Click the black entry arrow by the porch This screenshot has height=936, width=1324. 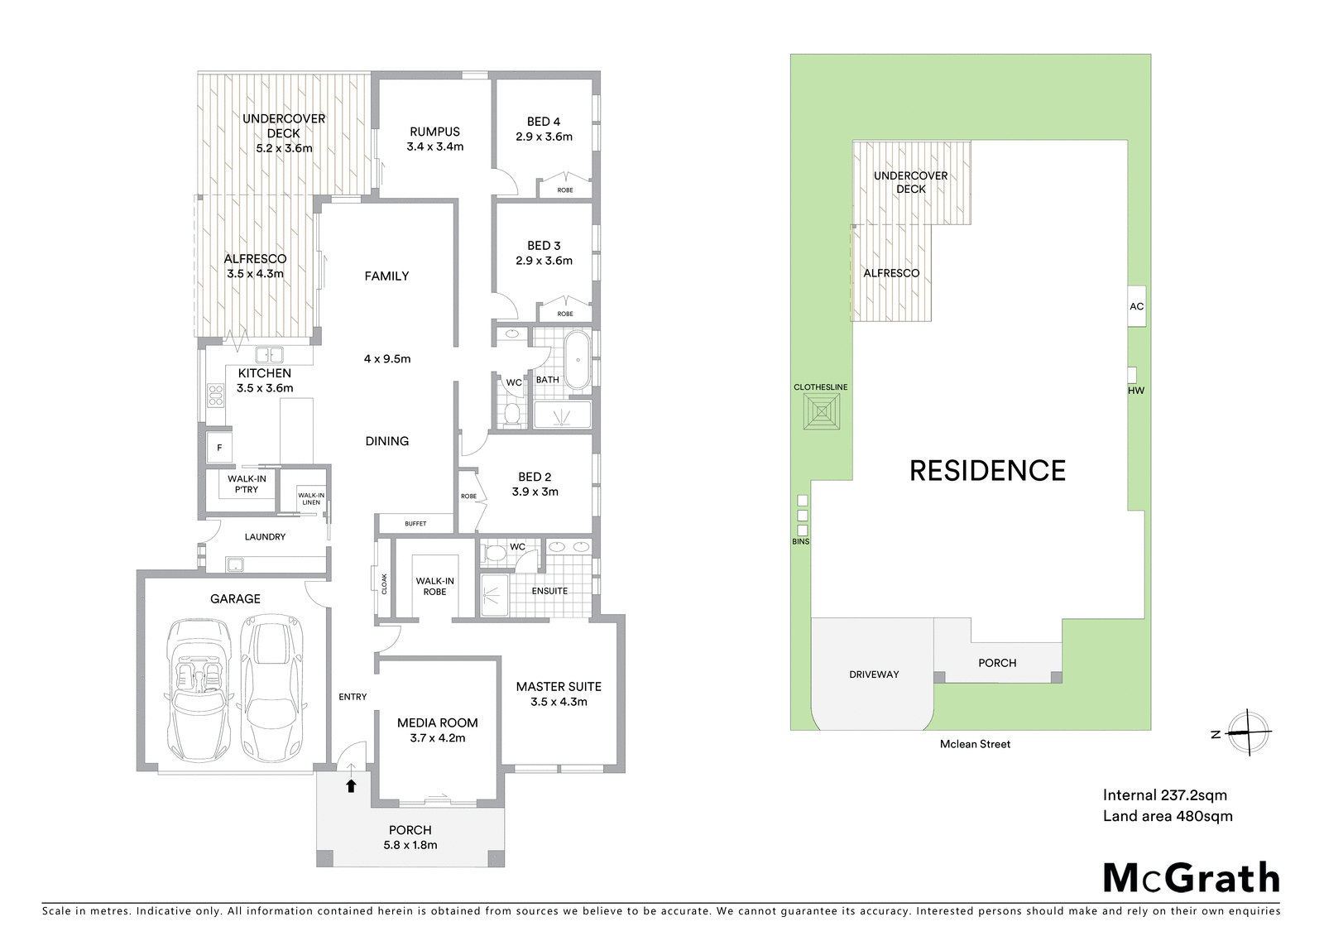click(351, 786)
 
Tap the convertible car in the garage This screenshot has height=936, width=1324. click(199, 691)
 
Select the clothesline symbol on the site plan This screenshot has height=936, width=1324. click(822, 411)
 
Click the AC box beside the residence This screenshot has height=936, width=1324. click(1136, 306)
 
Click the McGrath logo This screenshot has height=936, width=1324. click(1192, 878)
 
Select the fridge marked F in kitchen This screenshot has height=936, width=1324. click(219, 448)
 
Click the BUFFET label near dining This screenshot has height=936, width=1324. click(415, 524)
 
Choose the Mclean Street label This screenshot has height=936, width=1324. click(975, 744)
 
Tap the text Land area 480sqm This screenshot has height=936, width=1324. click(1168, 817)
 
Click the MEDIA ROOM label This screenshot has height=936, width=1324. click(437, 722)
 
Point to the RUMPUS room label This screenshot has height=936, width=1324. click(434, 132)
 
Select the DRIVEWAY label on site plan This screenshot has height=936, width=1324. click(874, 674)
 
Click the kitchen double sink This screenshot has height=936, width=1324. click(268, 355)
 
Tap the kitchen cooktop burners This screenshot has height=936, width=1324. click(215, 396)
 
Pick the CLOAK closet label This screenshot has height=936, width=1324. click(384, 583)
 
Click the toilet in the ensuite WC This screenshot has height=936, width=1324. click(494, 554)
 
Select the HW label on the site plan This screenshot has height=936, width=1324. click(1136, 390)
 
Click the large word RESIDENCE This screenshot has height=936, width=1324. click(987, 471)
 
